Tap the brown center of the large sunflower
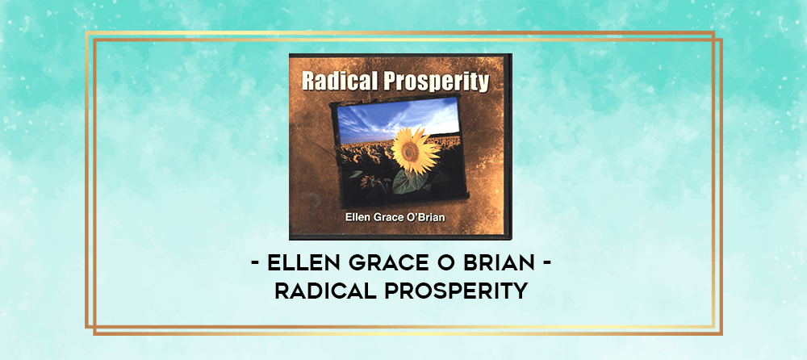(410, 150)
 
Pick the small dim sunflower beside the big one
(369, 182)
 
